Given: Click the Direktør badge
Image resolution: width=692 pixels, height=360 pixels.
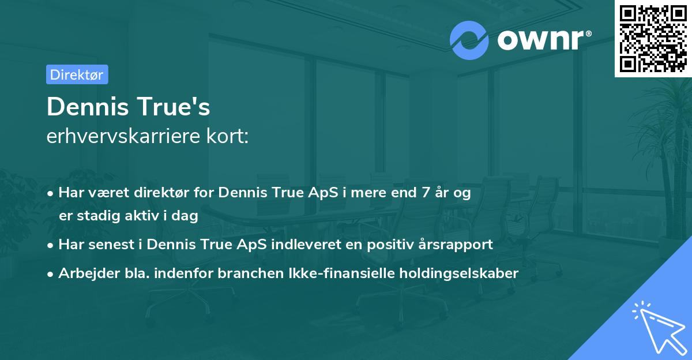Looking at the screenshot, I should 77,74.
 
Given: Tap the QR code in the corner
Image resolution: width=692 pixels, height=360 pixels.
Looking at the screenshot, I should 653,38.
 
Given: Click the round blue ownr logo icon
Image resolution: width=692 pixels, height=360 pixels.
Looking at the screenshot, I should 469,39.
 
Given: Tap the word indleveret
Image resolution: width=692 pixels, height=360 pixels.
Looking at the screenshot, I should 317,244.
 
